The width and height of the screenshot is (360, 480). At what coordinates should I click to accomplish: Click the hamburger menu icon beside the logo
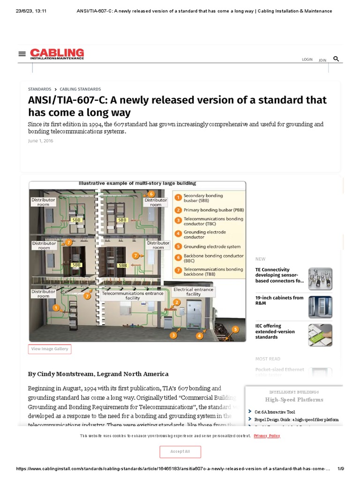tap(22, 54)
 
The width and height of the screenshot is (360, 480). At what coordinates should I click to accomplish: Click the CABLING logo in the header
tap(57, 54)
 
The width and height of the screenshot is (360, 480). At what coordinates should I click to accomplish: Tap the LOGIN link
tap(307, 60)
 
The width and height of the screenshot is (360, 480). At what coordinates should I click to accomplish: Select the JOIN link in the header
tap(322, 60)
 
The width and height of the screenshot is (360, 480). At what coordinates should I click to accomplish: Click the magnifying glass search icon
tap(336, 59)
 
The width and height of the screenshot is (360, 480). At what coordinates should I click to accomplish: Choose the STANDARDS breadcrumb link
tap(39, 89)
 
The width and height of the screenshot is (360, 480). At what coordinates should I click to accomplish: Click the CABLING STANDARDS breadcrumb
tap(80, 89)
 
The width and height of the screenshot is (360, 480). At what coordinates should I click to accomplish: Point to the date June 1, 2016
tap(41, 141)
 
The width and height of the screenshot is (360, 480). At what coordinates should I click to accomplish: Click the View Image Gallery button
tap(49, 349)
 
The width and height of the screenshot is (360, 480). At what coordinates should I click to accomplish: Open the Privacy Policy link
tap(267, 436)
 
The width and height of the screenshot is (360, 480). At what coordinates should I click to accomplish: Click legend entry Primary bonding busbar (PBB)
tap(213, 210)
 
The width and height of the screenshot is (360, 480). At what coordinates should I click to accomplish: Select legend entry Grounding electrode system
tap(212, 247)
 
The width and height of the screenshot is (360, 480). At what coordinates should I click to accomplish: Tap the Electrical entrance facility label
tap(193, 292)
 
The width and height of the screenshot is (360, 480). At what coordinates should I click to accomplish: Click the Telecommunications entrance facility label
tap(133, 296)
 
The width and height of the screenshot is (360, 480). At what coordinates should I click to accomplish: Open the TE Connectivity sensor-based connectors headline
tap(279, 275)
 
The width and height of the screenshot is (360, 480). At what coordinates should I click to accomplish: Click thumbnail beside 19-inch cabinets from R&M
tap(320, 307)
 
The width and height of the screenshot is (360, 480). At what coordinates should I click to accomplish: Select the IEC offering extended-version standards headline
tap(275, 331)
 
